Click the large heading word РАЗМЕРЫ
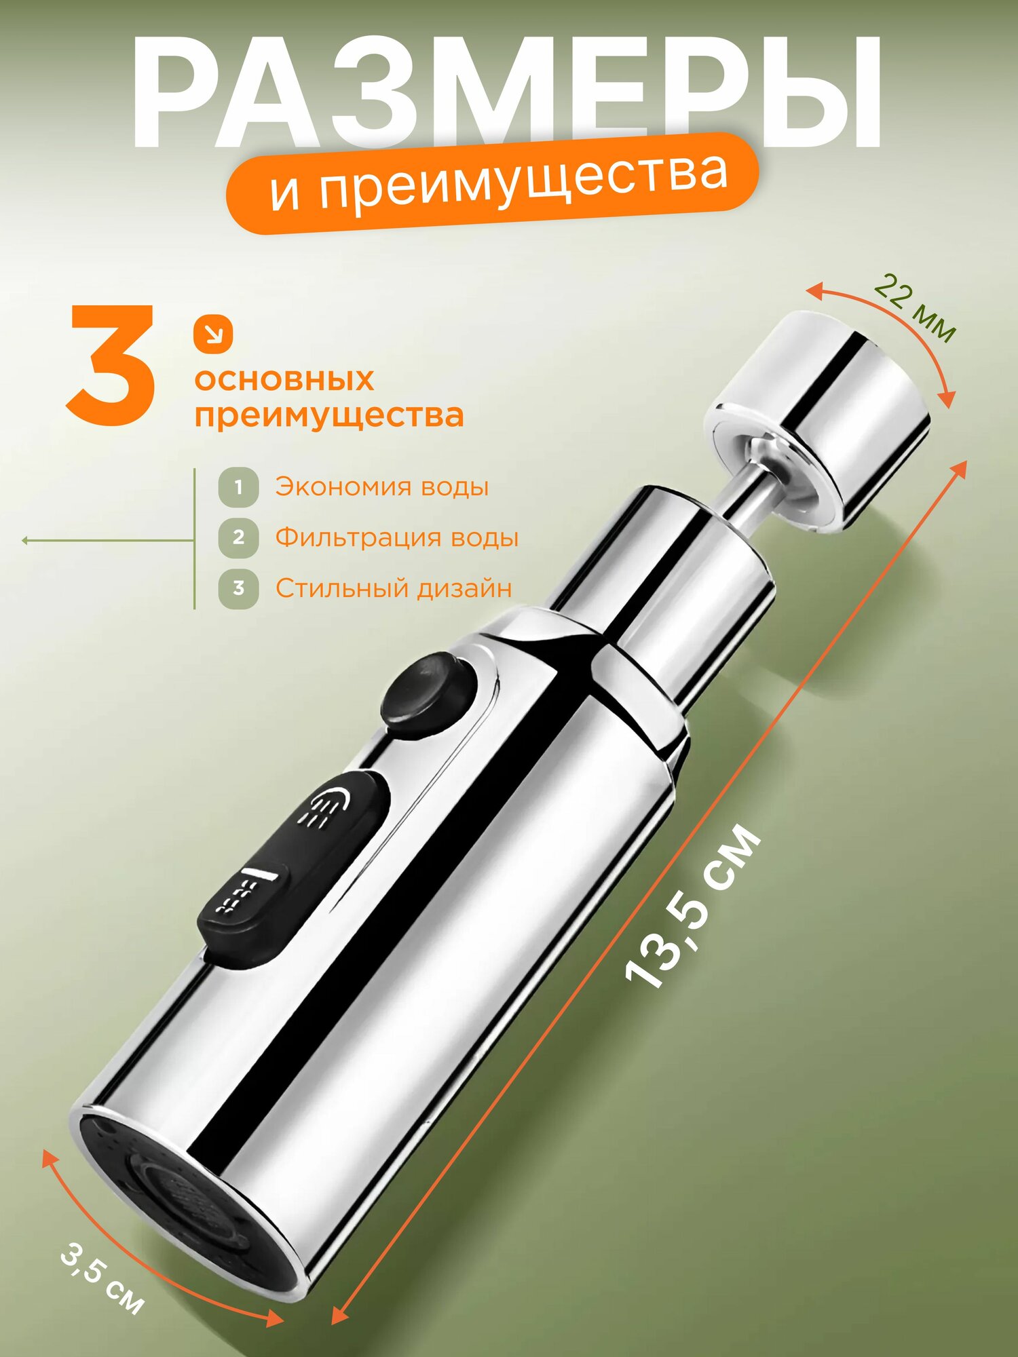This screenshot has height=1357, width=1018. pyautogui.click(x=506, y=92)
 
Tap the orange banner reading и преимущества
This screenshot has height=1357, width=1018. pyautogui.click(x=494, y=182)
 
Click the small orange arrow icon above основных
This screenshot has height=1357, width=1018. pyautogui.click(x=213, y=335)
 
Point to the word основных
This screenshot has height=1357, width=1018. pyautogui.click(x=284, y=380)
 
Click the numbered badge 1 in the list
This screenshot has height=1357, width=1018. pyautogui.click(x=238, y=487)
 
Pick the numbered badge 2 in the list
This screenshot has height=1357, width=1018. pyautogui.click(x=238, y=537)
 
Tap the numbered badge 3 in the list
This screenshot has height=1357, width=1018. pyautogui.click(x=238, y=588)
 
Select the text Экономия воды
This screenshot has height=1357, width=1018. pyautogui.click(x=381, y=487)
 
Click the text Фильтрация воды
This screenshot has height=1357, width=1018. pyautogui.click(x=396, y=537)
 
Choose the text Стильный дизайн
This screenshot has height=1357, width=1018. pyautogui.click(x=393, y=588)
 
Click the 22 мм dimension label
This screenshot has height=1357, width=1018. pyautogui.click(x=914, y=308)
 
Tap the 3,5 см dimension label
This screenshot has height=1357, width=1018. pyautogui.click(x=102, y=1278)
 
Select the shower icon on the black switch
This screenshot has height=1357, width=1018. pyautogui.click(x=328, y=807)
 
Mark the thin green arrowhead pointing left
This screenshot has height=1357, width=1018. pyautogui.click(x=26, y=541)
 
